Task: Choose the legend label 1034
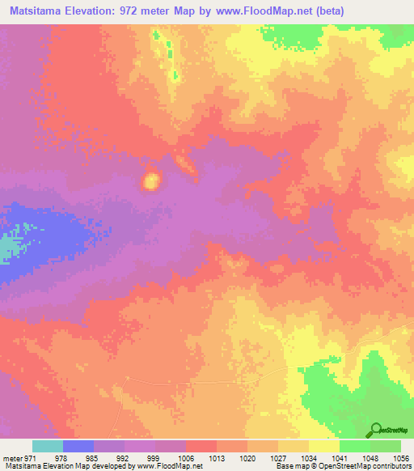click(x=308, y=459)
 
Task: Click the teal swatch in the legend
click(x=48, y=446)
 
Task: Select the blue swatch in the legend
click(x=78, y=446)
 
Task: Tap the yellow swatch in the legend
click(x=324, y=446)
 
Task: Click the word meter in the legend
click(x=11, y=459)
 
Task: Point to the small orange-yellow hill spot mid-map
click(x=150, y=181)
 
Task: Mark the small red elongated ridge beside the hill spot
click(x=185, y=164)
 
